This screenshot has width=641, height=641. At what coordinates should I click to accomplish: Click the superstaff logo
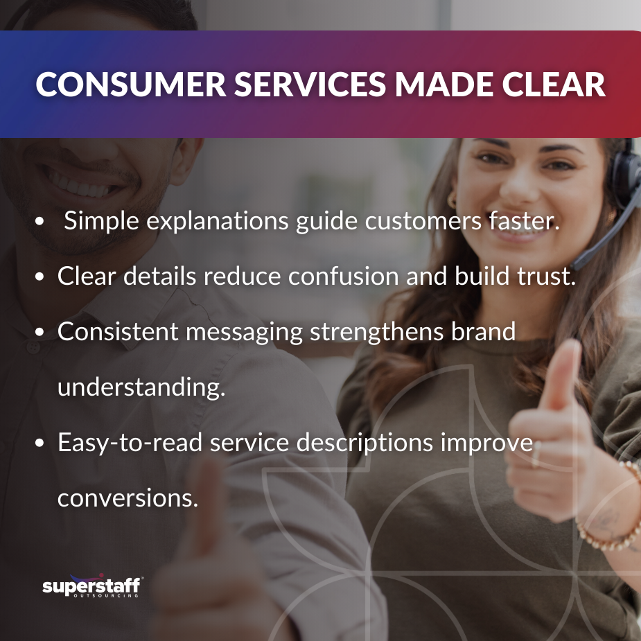(x=92, y=587)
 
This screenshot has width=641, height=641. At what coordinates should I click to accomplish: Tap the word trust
(x=544, y=276)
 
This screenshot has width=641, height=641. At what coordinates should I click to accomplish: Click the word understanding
(x=141, y=387)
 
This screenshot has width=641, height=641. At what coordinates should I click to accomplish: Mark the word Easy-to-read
(x=129, y=441)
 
